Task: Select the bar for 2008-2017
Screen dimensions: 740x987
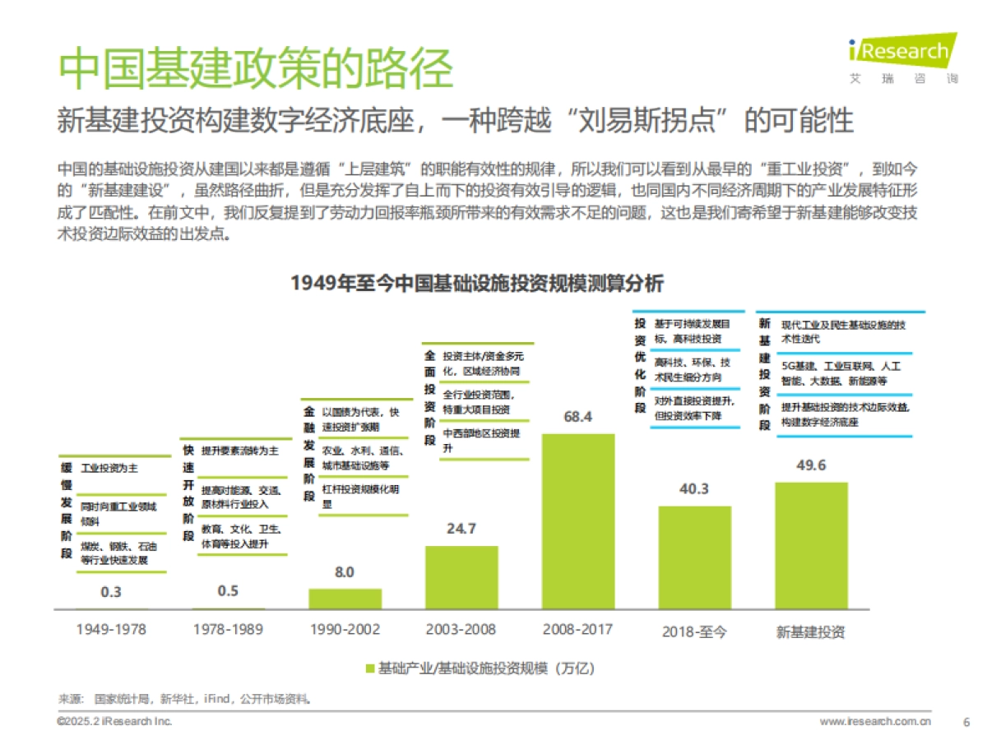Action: (578, 521)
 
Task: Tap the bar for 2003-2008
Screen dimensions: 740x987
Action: (461, 577)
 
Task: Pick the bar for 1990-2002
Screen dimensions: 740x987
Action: (345, 599)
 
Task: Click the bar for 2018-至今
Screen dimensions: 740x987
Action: (695, 557)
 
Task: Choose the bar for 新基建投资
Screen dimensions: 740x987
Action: (811, 545)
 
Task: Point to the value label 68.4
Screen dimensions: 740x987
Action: (578, 417)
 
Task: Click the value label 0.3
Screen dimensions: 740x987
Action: (111, 591)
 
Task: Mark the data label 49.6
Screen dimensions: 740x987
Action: (811, 465)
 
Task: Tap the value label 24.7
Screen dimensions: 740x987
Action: (461, 529)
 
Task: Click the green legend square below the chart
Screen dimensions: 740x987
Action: (369, 668)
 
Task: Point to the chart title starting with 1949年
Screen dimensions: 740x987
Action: (476, 283)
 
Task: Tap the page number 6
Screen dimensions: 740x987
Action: (966, 721)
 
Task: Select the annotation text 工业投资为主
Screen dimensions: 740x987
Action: (109, 468)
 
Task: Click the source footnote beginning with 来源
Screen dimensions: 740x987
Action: (185, 699)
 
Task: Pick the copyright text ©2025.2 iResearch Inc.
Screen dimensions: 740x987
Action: (114, 721)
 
